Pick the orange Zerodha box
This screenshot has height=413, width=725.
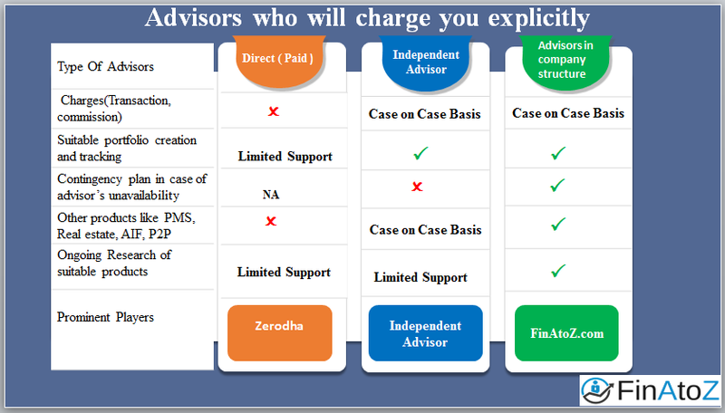(280, 332)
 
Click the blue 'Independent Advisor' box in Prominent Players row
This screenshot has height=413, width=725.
(425, 333)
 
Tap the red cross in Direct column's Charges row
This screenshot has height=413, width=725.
(272, 111)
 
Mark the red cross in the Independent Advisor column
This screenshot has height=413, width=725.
(417, 187)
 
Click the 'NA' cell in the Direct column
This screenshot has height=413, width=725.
(272, 194)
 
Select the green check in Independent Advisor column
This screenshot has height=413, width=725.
(419, 155)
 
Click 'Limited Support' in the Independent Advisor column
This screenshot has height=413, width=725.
(420, 277)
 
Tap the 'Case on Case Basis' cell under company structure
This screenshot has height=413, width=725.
(568, 113)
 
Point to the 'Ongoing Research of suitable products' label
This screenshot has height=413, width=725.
(113, 263)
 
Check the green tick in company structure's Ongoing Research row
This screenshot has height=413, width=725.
(558, 270)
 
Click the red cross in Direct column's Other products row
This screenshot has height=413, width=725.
(271, 221)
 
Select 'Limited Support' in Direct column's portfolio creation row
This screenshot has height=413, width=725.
(285, 156)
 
